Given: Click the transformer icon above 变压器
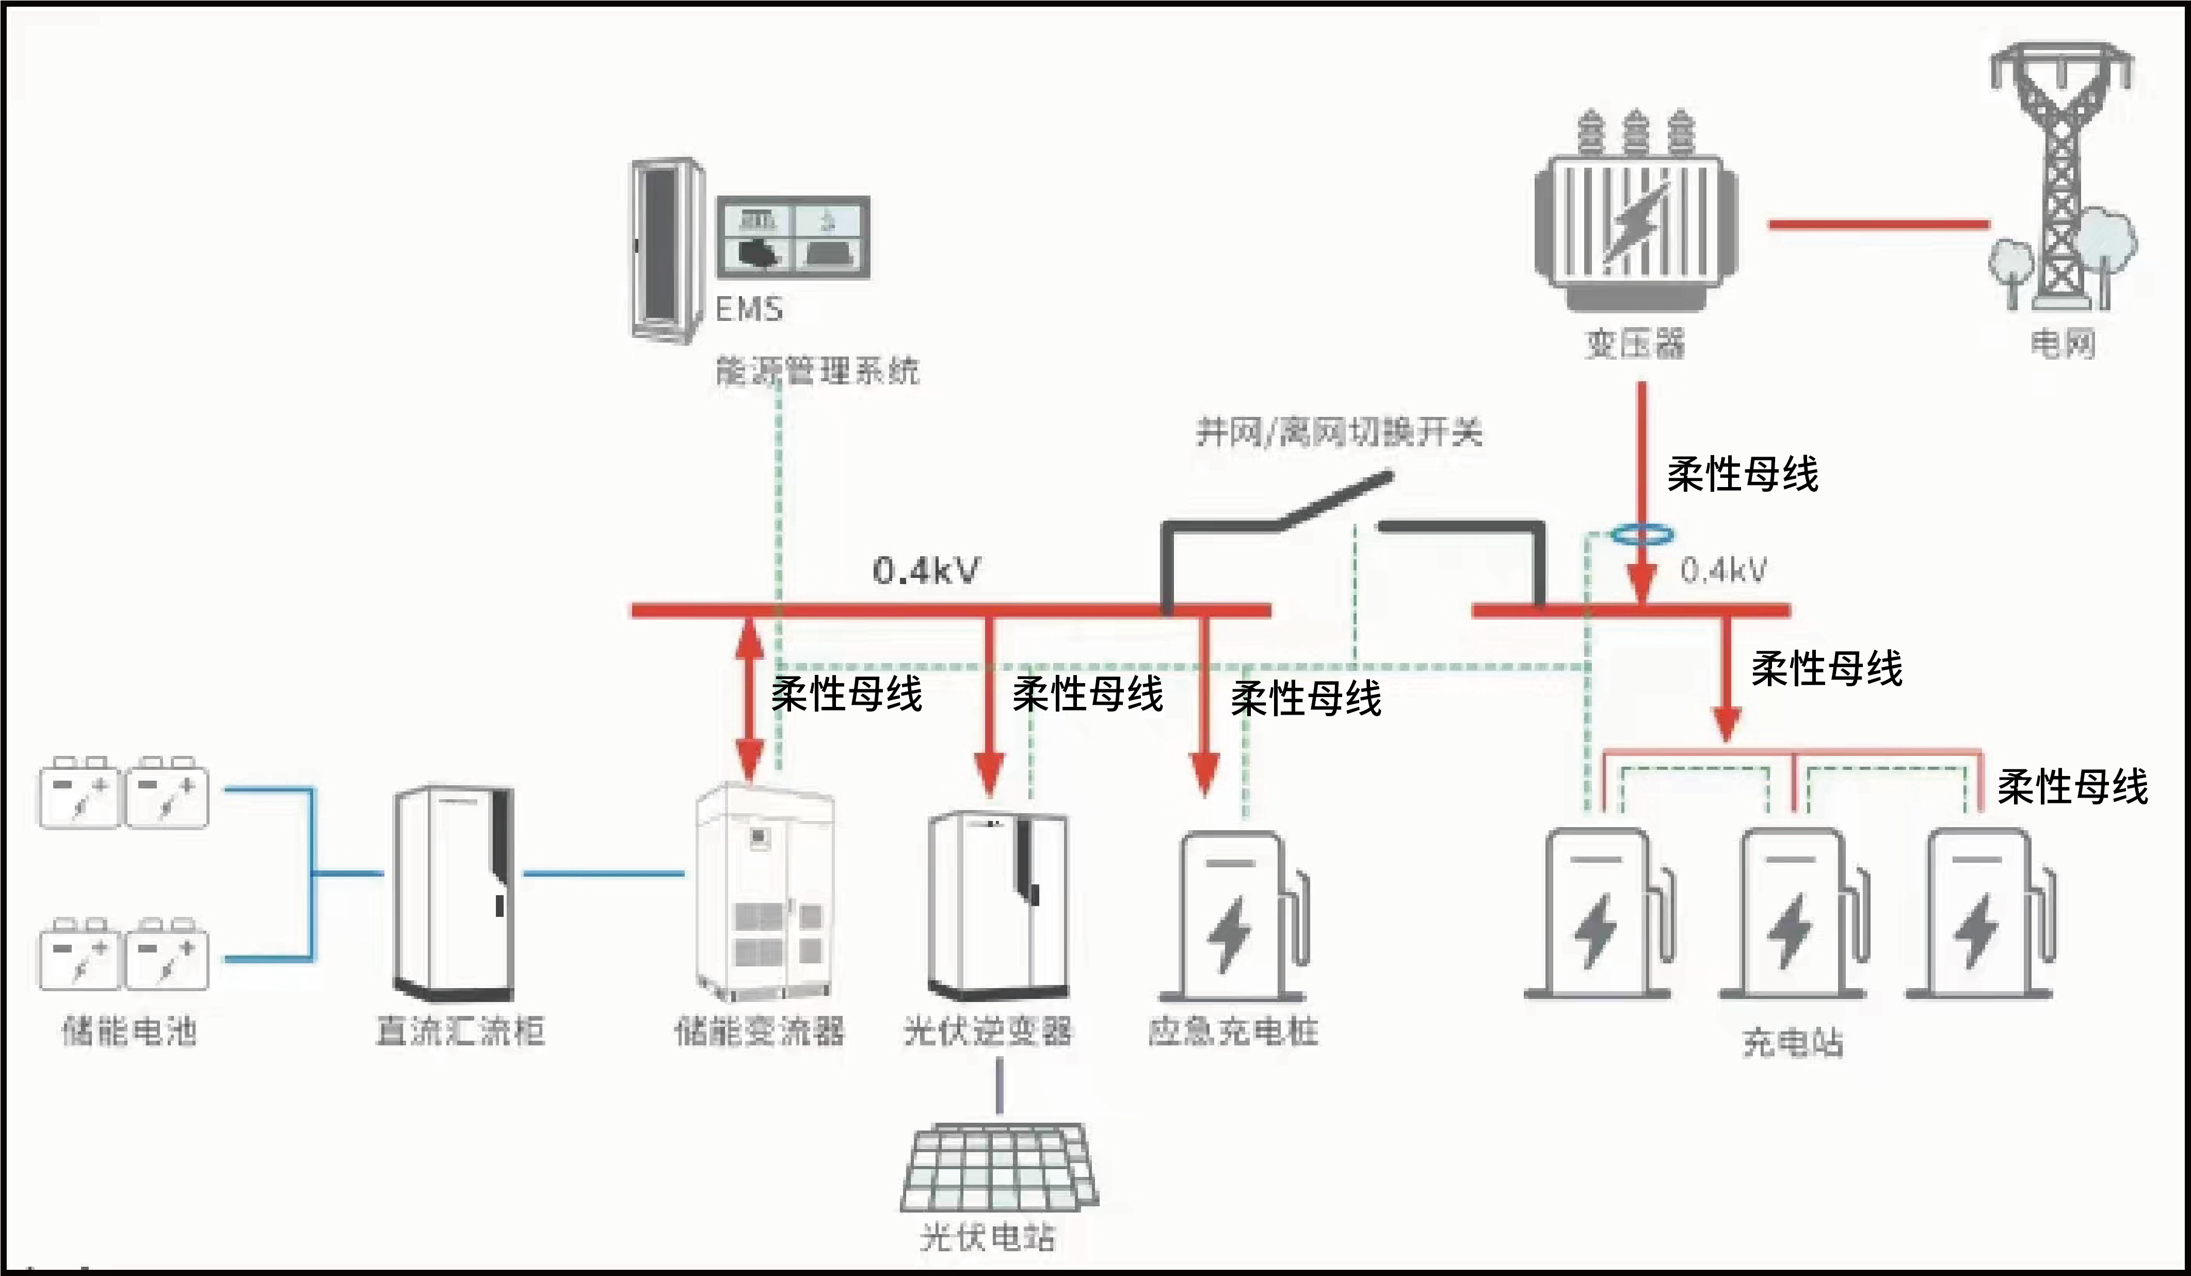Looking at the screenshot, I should [1635, 213].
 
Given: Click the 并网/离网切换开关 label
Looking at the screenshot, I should [1339, 431].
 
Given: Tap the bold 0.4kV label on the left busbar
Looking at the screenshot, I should [926, 571].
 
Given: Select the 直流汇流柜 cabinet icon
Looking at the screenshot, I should [454, 894].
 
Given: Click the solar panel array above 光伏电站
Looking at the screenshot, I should [1000, 1169].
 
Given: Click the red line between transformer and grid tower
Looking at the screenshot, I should [1878, 224].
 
